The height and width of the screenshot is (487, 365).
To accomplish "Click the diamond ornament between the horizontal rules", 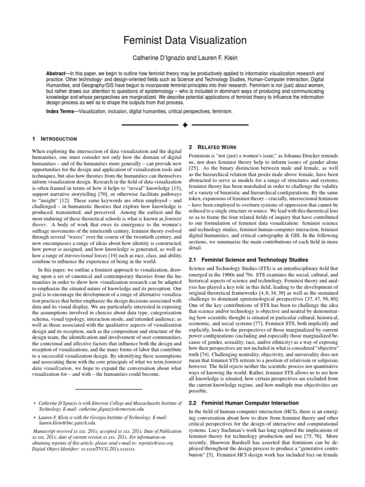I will [185, 125].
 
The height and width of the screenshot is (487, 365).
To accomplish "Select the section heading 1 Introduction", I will [54, 139].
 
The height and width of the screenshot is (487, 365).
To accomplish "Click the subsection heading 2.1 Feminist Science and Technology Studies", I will [248, 260].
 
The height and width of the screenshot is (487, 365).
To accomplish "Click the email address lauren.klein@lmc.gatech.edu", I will [67, 422].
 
